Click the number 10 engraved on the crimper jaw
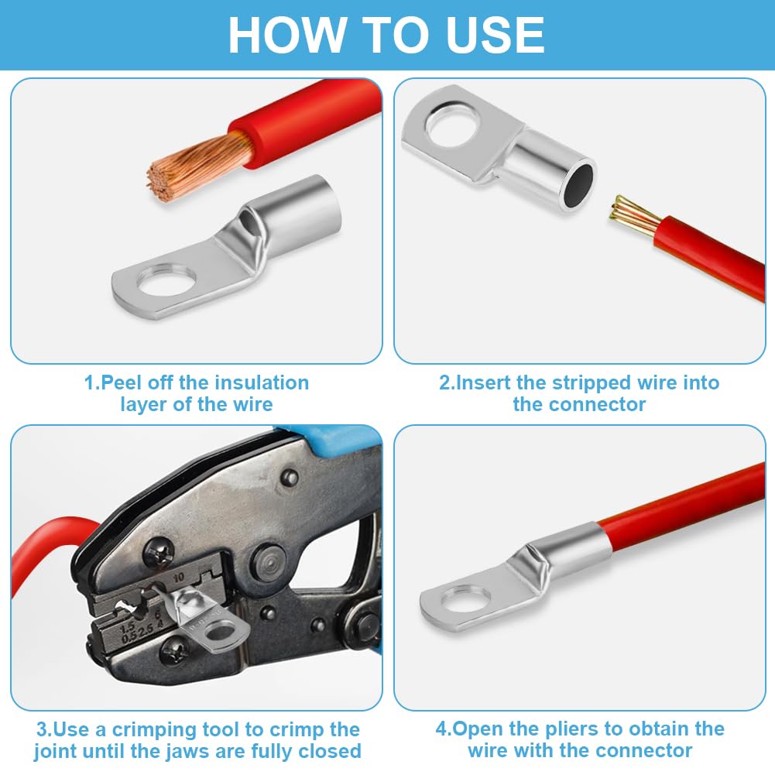coord(178,578)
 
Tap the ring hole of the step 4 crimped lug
coord(464,599)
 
